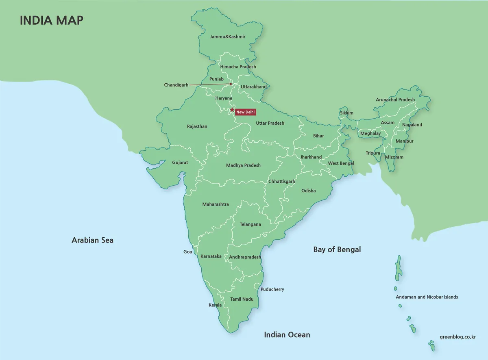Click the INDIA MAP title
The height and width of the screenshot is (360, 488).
click(x=52, y=20)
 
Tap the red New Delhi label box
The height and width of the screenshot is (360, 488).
click(x=245, y=112)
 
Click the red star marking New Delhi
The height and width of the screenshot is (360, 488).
click(x=232, y=110)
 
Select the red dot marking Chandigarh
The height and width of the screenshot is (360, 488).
click(x=231, y=84)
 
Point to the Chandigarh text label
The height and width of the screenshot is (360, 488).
click(x=176, y=85)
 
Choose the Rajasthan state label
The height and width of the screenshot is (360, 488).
click(x=197, y=126)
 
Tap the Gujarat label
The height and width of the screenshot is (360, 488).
click(x=180, y=162)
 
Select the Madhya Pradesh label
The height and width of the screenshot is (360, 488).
click(x=243, y=165)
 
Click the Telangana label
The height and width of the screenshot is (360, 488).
click(x=250, y=224)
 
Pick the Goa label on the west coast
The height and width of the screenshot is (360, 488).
click(x=187, y=252)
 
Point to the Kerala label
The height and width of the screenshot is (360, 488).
click(x=215, y=305)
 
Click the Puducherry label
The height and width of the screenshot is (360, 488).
click(x=272, y=289)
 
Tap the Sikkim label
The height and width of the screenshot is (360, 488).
click(x=346, y=113)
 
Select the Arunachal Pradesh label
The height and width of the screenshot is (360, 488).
click(x=395, y=100)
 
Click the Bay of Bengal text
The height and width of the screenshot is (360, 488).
click(x=337, y=249)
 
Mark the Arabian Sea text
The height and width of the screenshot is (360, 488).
click(x=92, y=240)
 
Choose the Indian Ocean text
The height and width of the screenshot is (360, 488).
click(x=287, y=335)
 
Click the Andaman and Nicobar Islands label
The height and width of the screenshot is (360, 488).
click(x=427, y=297)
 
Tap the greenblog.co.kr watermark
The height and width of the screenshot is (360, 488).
click(x=458, y=336)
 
